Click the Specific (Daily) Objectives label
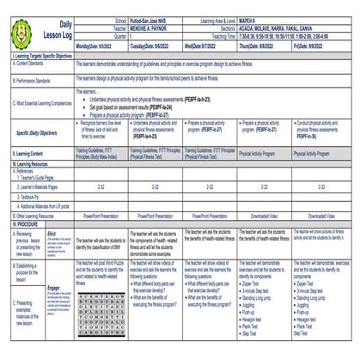(38, 132)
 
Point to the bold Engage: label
(52, 265)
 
